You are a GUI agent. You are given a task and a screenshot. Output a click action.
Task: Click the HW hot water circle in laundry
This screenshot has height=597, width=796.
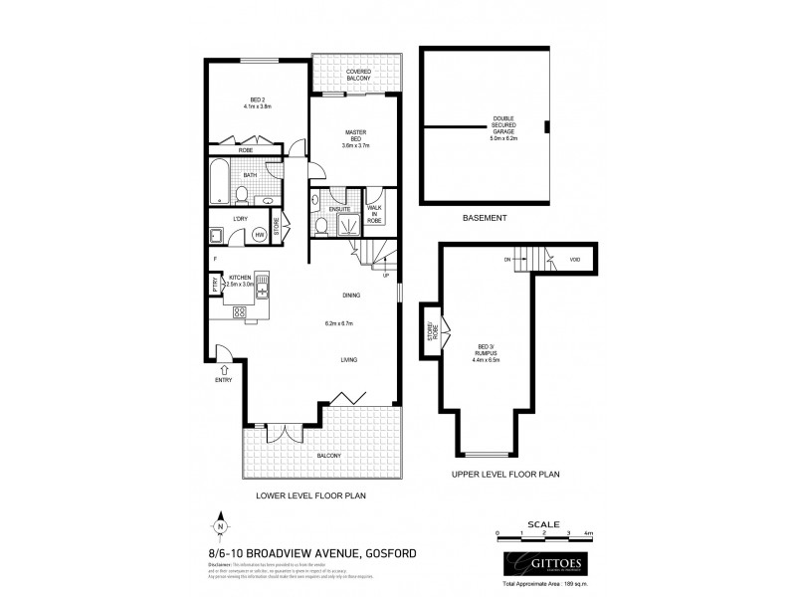coord(259,234)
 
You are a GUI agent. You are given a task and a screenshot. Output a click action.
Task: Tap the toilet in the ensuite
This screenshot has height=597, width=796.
coord(320,226)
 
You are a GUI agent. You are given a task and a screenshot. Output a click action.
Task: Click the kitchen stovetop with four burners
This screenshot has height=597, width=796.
coord(240,311)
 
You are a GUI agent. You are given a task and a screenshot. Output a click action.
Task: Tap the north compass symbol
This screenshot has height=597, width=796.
coord(219,527)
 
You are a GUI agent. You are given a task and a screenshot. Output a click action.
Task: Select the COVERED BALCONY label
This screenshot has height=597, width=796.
coord(359,76)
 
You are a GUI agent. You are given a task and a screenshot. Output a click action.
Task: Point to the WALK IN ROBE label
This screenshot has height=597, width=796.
coord(375,210)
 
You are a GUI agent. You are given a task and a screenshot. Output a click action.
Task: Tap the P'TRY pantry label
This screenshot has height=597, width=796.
coord(214,285)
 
